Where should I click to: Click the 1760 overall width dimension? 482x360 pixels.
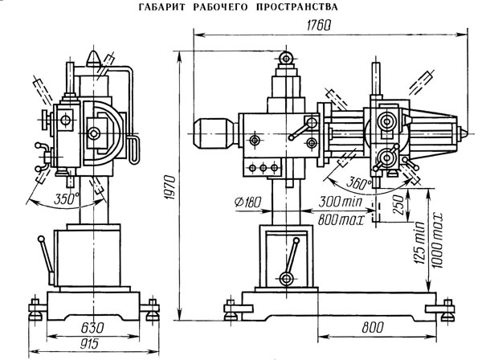pos(318,26)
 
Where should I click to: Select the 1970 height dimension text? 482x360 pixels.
pos(170,187)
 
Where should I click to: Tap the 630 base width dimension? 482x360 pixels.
pos(92,328)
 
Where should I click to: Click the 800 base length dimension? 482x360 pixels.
pos(373,327)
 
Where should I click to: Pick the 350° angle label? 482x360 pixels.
pos(67,199)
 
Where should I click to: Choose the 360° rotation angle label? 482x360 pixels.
pos(359,183)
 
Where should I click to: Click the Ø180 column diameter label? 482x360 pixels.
pos(247,202)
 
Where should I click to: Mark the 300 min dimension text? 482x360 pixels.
pos(341,202)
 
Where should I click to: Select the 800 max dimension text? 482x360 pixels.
pos(341,220)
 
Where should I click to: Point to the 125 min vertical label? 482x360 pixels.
pos(419,243)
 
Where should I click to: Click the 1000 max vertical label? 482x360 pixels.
pos(436,239)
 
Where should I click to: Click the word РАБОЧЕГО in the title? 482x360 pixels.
pos(220,7)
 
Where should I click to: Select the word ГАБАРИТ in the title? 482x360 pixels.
pos(162,7)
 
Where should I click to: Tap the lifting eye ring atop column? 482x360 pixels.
pos(286,59)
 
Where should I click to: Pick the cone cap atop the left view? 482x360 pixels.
pos(93,59)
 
